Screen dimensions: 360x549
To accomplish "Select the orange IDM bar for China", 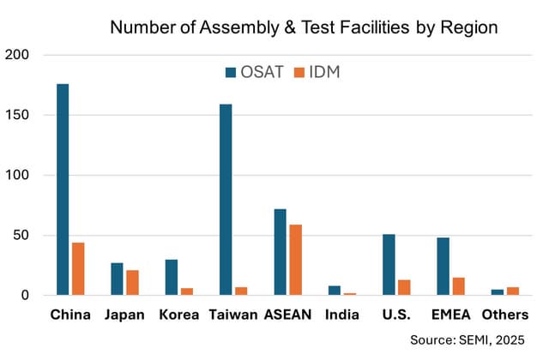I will pos(78,269).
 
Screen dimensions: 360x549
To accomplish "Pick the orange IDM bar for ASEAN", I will pos(295,260).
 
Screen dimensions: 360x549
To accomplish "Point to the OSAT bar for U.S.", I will pos(389,265).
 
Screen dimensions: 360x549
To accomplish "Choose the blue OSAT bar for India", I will pos(335,291).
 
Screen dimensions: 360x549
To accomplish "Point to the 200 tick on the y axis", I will pos(18,55).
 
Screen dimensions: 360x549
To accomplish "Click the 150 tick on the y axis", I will pos(18,115).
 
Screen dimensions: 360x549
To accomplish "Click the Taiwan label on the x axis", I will pos(233,315).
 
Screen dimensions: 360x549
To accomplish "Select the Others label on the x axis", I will pos(504,315).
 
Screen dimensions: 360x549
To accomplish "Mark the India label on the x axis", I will pos(342,315).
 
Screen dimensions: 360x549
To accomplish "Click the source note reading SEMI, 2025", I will pos(479,340).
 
